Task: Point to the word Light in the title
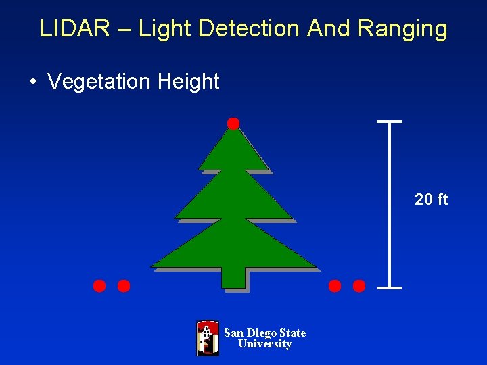[160, 29]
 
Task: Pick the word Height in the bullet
[188, 82]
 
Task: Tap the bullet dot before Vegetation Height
[32, 82]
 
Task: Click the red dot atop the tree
[233, 123]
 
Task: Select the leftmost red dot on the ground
[99, 286]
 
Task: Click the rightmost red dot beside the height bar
[359, 286]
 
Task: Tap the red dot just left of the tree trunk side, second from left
[124, 286]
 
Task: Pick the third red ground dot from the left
[335, 286]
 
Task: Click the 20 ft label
[431, 199]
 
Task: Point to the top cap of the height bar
[390, 122]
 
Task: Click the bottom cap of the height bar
[390, 288]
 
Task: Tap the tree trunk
[233, 277]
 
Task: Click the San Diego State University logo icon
[208, 338]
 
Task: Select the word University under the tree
[264, 344]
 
